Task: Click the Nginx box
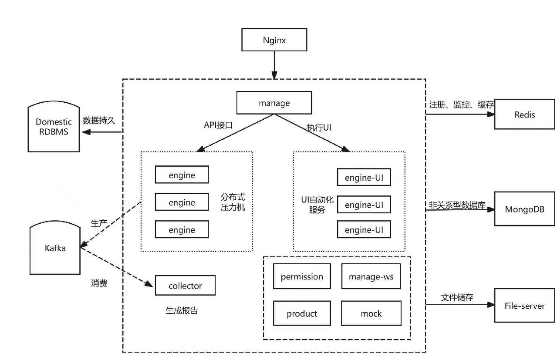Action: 274,40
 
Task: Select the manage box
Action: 274,104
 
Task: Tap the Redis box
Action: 524,114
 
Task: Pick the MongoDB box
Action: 525,209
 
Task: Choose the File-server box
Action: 524,306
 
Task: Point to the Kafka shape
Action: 55,248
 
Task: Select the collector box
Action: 185,286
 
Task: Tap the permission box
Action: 302,276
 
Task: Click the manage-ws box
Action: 371,276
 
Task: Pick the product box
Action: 302,313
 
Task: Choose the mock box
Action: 371,313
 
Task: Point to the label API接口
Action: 218,124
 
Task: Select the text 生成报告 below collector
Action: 182,310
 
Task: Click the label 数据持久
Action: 99,121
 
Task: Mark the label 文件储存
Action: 457,297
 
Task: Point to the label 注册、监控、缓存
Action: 461,105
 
